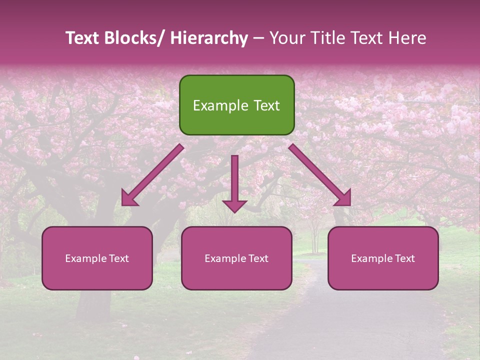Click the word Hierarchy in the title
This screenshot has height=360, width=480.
[x=209, y=38]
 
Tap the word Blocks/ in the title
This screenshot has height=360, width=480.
[x=133, y=38]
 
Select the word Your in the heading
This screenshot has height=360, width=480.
[x=286, y=38]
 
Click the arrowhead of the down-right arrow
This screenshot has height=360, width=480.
[x=343, y=198]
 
